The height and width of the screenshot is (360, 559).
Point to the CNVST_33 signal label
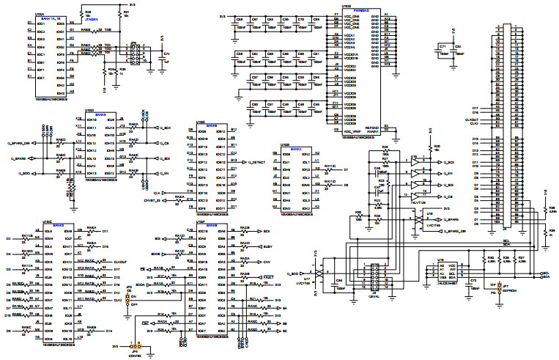152,199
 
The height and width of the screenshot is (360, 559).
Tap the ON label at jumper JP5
135,296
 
